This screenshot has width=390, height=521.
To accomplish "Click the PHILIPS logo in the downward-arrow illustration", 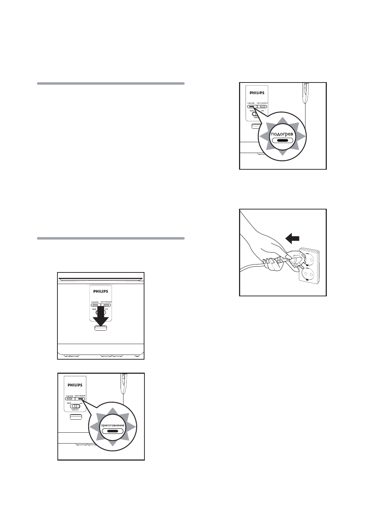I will [101, 291].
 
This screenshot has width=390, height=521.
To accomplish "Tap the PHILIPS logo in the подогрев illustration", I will [257, 93].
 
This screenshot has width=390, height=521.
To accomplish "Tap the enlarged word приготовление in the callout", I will [112, 425].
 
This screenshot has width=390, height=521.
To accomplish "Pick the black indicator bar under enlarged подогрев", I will [282, 140].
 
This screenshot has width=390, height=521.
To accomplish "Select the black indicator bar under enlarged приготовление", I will [112, 431].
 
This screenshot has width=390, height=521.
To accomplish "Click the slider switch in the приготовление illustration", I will [76, 406].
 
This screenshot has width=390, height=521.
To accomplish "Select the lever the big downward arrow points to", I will [101, 328].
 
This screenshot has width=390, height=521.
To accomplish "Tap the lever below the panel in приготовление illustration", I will [75, 417].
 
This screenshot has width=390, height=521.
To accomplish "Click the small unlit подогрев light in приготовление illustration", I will [69, 399].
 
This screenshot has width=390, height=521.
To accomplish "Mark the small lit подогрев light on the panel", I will [251, 107].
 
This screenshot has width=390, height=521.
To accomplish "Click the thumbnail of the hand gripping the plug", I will [283, 253].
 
